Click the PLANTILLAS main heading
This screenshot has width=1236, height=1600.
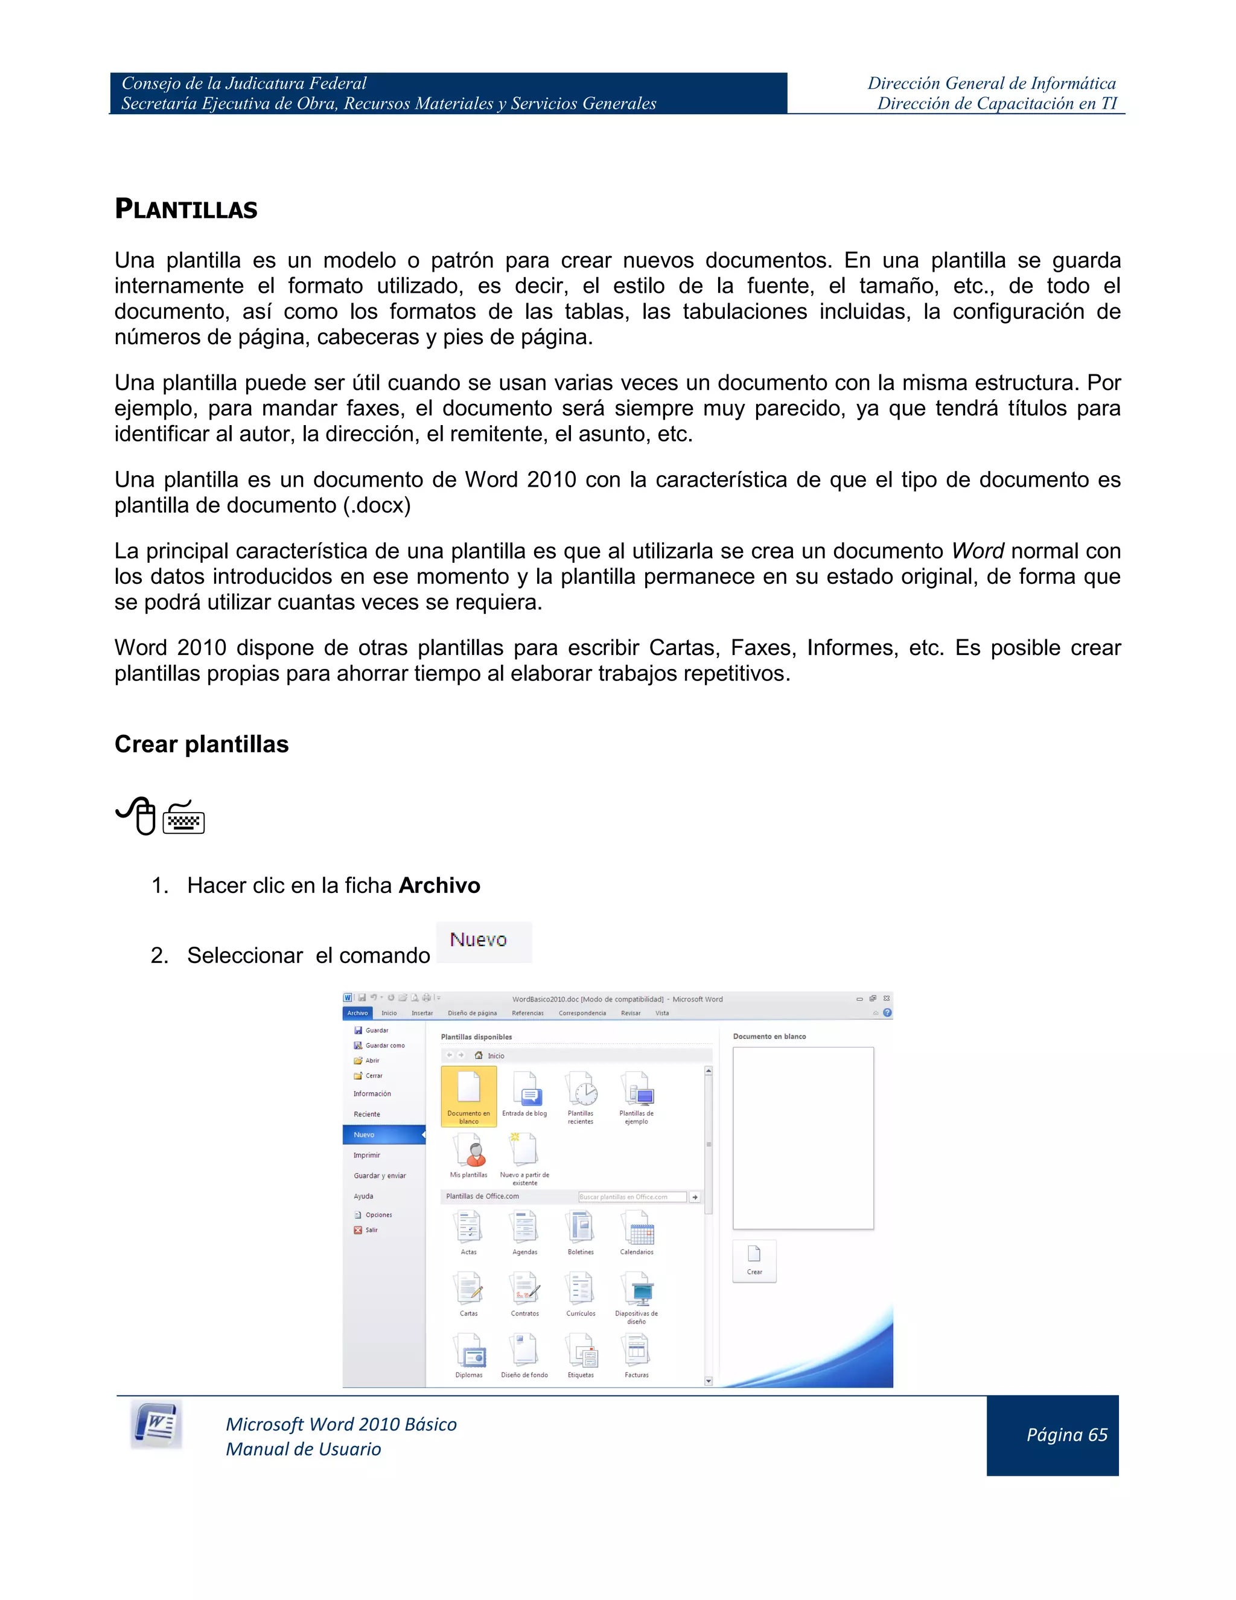pyautogui.click(x=186, y=210)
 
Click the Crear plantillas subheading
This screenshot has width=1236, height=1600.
pyautogui.click(x=202, y=744)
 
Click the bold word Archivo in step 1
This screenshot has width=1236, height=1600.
pyautogui.click(x=439, y=886)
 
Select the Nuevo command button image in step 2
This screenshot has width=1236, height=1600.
pyautogui.click(x=483, y=941)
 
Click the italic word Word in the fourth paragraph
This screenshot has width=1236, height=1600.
pyautogui.click(x=978, y=551)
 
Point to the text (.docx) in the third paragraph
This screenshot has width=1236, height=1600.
pyautogui.click(x=377, y=505)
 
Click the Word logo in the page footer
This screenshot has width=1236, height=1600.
pyautogui.click(x=156, y=1424)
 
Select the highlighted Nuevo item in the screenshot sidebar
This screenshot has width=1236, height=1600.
pyautogui.click(x=383, y=1135)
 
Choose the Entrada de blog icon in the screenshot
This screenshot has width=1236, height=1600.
pyautogui.click(x=525, y=1093)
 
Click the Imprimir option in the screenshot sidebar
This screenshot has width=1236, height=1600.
pyautogui.click(x=367, y=1155)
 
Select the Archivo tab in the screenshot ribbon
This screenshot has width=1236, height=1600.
pyautogui.click(x=357, y=1013)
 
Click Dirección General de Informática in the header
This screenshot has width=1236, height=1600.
pyautogui.click(x=992, y=83)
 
